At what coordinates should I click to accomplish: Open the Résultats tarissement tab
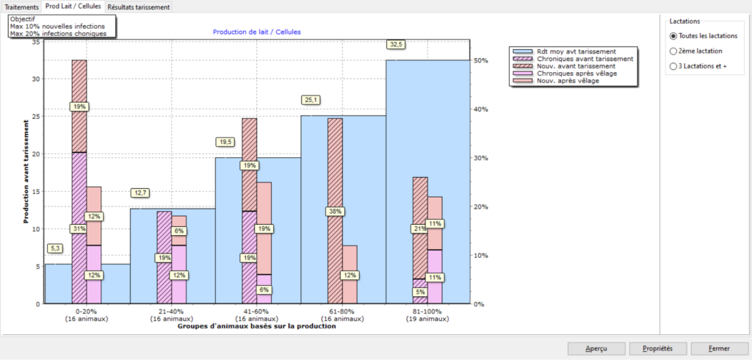click(140, 7)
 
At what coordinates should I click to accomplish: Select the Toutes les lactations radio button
click(673, 35)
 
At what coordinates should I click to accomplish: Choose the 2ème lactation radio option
click(673, 51)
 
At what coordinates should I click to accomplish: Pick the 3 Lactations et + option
click(673, 66)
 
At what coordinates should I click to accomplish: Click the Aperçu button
click(596, 348)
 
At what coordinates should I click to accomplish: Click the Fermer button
click(719, 348)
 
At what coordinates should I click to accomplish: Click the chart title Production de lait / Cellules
click(256, 32)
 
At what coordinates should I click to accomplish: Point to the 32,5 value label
click(397, 45)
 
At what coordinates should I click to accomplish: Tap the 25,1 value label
click(311, 100)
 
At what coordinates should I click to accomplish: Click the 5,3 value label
click(55, 248)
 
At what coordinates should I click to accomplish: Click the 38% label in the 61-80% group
click(336, 212)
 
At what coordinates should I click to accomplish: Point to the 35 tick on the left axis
click(36, 42)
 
